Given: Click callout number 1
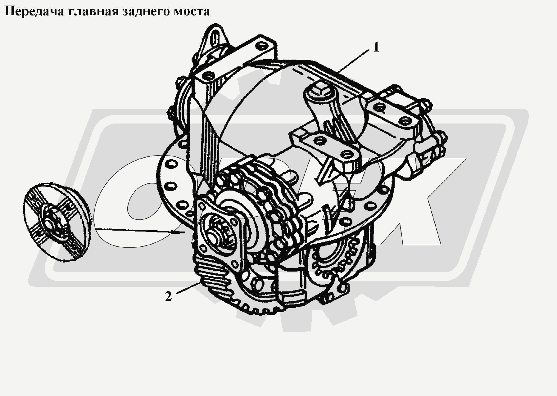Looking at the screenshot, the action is [376, 47].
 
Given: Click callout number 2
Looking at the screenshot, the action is [168, 296].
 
